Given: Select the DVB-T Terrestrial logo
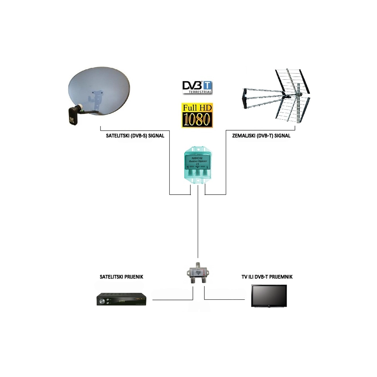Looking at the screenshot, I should click(x=197, y=86).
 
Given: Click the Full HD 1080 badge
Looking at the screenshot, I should click(x=197, y=115).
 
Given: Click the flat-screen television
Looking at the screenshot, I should click(x=269, y=296).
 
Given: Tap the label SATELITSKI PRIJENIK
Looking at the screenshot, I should click(x=122, y=277).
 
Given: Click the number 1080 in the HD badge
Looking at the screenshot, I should click(x=197, y=118).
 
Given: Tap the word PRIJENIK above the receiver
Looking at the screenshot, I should click(x=133, y=277).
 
